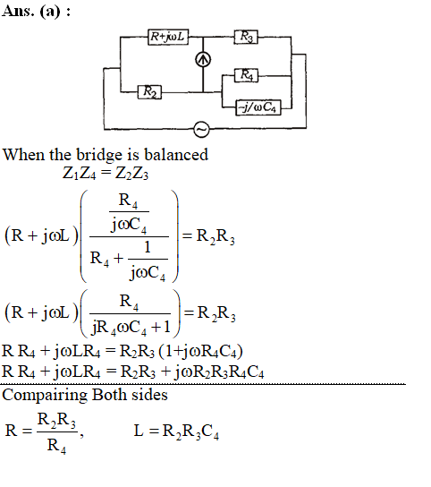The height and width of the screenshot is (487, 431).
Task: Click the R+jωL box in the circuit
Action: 168,37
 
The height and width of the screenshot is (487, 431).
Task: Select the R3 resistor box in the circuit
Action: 246,37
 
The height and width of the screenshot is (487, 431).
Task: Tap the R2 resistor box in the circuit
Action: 149,92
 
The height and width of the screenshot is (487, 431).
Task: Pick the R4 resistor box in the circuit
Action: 246,75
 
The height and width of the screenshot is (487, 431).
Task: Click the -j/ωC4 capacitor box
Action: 258,107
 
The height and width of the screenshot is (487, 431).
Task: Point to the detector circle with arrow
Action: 203,59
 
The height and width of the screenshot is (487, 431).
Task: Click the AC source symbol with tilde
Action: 201,129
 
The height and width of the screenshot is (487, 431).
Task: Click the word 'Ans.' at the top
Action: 18,11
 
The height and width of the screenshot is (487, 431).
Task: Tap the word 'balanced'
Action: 176,154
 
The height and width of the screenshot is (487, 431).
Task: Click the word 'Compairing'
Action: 45,396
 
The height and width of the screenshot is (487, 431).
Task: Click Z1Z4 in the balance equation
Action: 79,174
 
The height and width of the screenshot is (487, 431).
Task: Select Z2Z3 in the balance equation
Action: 131,174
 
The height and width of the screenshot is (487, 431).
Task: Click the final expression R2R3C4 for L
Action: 190,431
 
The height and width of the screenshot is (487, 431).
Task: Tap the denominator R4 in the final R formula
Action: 56,446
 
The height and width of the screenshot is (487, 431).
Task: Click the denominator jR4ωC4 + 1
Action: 131,327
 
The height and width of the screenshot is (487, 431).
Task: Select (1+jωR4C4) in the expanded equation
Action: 200,351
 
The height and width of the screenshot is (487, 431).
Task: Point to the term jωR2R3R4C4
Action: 218,372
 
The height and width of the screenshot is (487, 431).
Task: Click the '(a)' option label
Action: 50,12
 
